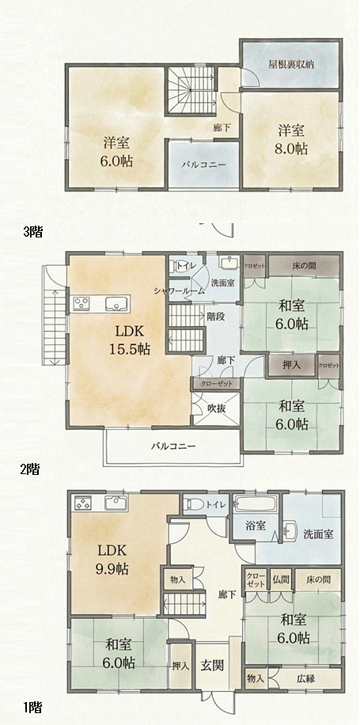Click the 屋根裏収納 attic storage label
point(291,64)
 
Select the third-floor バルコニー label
point(204,164)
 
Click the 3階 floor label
point(32,232)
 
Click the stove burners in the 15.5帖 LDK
point(82,304)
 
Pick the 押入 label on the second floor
point(292,365)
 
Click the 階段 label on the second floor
point(215,317)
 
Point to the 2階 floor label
point(30,470)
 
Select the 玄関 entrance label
point(213,666)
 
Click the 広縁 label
point(305,679)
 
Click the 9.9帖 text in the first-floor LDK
point(113,568)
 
